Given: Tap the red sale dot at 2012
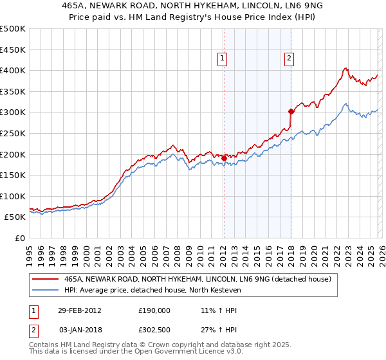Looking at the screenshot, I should (224, 158).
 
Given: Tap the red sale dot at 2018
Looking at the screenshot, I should (291, 111).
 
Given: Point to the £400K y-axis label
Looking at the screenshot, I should (13, 70).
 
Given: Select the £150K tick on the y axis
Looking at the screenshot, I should (13, 175).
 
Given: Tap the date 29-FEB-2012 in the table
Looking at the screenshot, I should (80, 310).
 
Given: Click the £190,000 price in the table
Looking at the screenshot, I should (154, 310).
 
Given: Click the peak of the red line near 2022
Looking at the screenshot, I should (345, 67).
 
